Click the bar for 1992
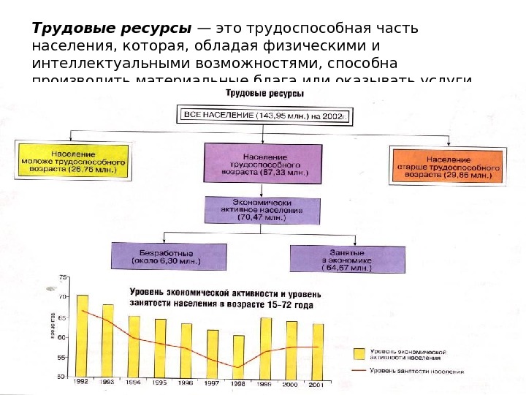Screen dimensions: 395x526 pos(83,336)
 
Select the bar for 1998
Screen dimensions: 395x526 pos(239,355)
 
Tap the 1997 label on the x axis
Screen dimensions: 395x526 pos(213,382)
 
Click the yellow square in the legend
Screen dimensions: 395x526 pos(358,353)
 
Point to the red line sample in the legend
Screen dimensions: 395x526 pos(358,371)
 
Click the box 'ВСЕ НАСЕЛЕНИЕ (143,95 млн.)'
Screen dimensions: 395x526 pos(264,115)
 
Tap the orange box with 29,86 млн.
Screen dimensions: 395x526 pos(448,165)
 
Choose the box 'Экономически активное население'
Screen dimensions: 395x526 pos(262,209)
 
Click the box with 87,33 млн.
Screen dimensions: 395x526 pos(264,168)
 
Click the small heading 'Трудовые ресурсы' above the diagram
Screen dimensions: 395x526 pos(264,94)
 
